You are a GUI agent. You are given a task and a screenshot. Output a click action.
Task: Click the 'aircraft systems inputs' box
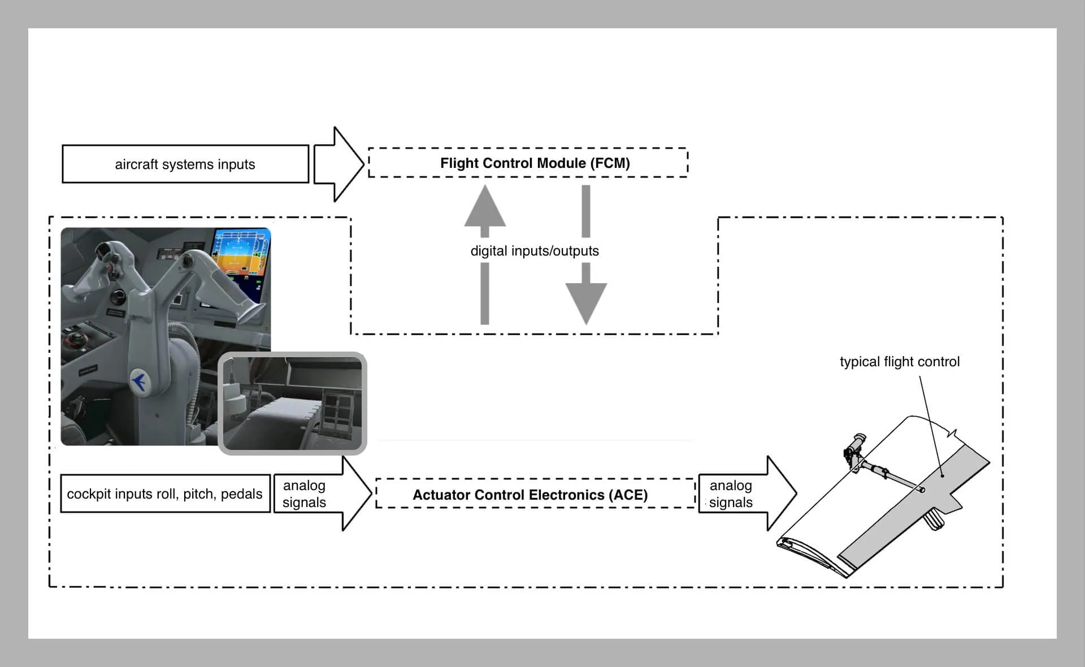pos(185,164)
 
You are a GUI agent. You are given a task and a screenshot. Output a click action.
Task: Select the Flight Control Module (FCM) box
pos(528,163)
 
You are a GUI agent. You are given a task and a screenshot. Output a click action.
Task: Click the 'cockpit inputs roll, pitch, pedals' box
pos(164,493)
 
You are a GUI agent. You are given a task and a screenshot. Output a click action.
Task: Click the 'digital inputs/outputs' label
pos(535,251)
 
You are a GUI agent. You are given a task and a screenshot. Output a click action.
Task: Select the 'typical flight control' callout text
pos(900,362)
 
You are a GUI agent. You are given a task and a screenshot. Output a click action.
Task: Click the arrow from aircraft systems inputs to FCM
pos(338,164)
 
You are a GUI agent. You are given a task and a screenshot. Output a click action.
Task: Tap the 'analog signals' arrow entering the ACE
pos(322,494)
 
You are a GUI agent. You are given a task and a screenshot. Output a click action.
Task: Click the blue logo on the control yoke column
pos(138,382)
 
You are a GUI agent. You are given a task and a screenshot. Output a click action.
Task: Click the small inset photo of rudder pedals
pos(292,404)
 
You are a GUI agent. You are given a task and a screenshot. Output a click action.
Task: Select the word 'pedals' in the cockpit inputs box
pos(241,493)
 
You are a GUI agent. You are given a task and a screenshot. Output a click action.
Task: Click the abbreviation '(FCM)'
pos(610,163)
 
